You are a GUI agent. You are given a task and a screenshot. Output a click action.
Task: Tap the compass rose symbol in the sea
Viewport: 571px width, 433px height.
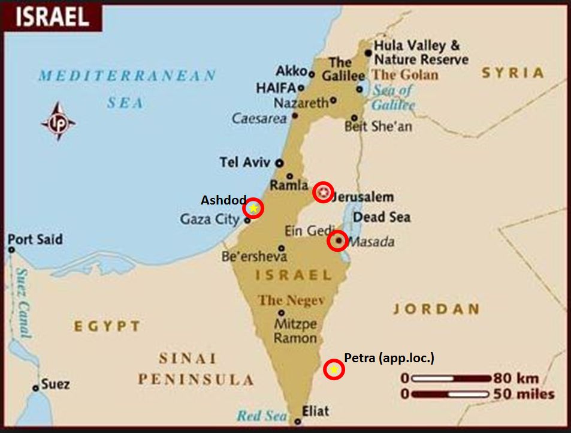tap(58, 122)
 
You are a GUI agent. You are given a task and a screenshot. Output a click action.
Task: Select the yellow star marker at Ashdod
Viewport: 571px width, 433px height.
tap(253, 208)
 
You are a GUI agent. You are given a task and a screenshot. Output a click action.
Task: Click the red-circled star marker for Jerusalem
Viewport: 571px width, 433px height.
tap(324, 192)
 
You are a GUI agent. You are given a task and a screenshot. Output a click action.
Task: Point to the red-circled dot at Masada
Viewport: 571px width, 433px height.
tap(338, 241)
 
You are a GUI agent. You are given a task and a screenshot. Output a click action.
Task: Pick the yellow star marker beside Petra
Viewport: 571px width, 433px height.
tap(334, 369)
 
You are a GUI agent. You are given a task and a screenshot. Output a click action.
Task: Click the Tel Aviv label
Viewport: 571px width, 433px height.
tap(246, 163)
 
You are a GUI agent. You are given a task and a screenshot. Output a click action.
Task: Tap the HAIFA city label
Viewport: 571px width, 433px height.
tap(276, 88)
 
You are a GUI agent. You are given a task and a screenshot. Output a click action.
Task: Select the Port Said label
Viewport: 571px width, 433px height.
tap(35, 239)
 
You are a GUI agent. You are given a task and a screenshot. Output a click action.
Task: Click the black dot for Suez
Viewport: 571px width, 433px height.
tap(36, 388)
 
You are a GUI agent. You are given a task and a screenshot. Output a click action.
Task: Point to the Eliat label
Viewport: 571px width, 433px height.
tap(316, 411)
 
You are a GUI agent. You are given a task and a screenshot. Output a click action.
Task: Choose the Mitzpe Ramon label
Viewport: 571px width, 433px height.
tap(295, 331)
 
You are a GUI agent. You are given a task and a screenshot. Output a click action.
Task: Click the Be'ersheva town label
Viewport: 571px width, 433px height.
tap(254, 257)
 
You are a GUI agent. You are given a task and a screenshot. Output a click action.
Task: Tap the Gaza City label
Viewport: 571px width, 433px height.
tap(210, 219)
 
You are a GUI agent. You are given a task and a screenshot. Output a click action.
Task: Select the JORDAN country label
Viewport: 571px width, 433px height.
tap(436, 309)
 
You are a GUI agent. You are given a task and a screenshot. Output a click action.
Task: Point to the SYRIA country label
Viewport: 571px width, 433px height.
tap(513, 73)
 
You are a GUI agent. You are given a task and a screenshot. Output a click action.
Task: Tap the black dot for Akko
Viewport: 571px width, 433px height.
tap(312, 74)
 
